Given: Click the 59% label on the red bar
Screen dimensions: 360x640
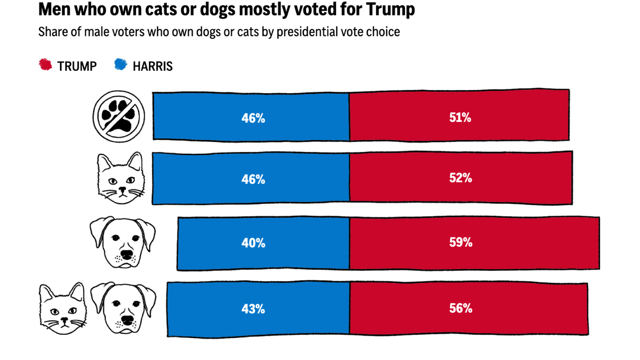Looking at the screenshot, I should (x=460, y=243).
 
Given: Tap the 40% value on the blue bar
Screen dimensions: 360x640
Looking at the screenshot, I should (x=253, y=243).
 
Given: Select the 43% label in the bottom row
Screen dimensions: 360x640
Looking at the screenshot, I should (x=253, y=309).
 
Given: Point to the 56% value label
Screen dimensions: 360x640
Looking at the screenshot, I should (x=460, y=308).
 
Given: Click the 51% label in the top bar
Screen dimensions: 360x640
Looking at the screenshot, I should (x=460, y=118).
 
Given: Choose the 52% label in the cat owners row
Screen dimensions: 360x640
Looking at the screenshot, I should (x=460, y=179).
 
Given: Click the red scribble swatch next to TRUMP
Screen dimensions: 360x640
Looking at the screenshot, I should (x=45, y=65).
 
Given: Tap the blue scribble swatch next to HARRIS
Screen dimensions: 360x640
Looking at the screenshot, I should (x=120, y=65).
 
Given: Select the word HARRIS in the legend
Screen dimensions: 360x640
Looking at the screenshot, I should (x=152, y=67).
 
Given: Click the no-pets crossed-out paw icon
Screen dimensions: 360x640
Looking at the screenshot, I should (x=119, y=117).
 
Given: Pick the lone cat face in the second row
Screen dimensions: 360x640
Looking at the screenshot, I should (x=121, y=178).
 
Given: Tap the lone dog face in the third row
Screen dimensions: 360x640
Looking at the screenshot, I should (x=123, y=242).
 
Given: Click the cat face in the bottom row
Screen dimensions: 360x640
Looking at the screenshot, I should (x=62, y=308).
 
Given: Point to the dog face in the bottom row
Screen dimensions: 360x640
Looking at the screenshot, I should (x=123, y=308).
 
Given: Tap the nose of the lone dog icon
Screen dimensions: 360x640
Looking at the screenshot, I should (x=126, y=255).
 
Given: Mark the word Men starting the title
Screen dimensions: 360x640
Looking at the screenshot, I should (x=53, y=9).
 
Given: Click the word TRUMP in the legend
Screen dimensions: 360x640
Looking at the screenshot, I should (x=77, y=67).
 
